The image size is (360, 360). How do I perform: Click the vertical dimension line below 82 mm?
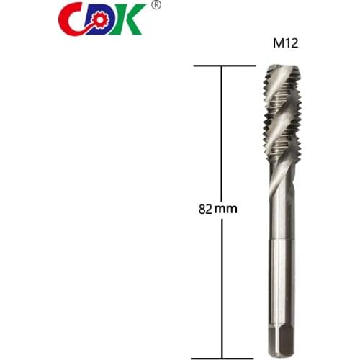coord(222,288)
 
